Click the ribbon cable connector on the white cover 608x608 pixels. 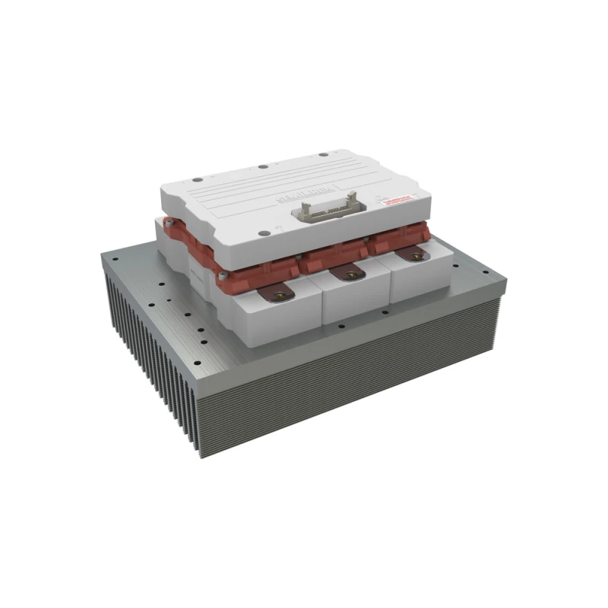(322, 208)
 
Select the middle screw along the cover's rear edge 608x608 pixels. (261, 167)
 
